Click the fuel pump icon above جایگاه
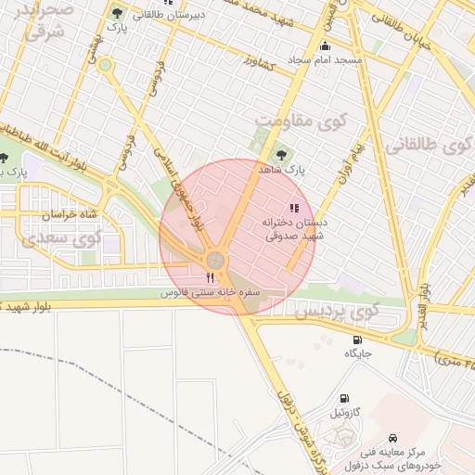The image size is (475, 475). click(357, 340)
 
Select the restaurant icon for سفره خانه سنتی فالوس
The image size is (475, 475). click(211, 277)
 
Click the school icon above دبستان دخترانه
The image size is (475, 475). click(295, 208)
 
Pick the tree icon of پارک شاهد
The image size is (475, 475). click(282, 155)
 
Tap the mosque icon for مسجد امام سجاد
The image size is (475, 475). click(324, 46)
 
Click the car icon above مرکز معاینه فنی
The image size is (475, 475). click(393, 436)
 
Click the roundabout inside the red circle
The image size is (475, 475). click(215, 259)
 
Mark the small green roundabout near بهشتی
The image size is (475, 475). click(105, 65)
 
